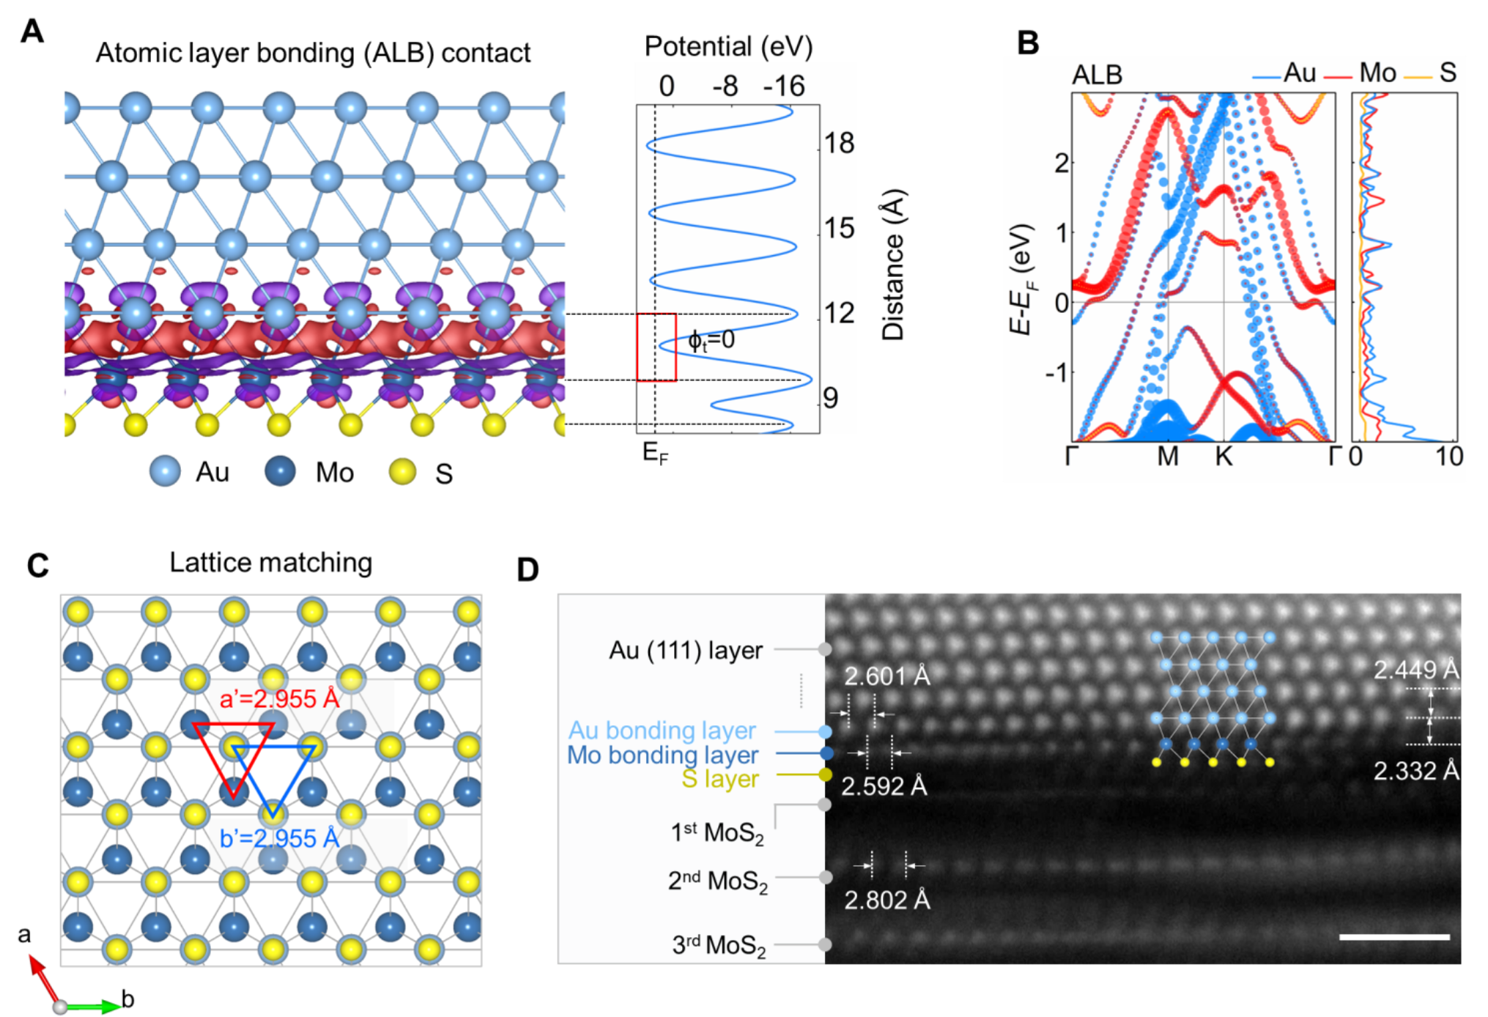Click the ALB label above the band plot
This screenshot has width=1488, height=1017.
(x=1097, y=75)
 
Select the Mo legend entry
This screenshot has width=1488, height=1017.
(x=1377, y=73)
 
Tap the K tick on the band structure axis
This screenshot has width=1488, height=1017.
(x=1224, y=456)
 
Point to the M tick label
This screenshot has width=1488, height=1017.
(x=1168, y=456)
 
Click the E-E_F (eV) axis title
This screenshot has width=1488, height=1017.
(x=1022, y=279)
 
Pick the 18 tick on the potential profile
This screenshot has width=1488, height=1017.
(x=839, y=143)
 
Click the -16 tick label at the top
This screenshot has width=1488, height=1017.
(x=784, y=86)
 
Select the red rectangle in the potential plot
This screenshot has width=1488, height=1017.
(x=656, y=347)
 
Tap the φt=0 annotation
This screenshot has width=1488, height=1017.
(x=711, y=340)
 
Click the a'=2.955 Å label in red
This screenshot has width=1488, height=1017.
(x=280, y=698)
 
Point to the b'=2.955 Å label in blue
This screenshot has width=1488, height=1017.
(x=279, y=838)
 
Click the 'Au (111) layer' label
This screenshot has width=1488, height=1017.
(x=686, y=650)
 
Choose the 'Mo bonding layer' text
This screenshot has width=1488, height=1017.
(x=663, y=755)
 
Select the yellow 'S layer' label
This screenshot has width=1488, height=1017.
(x=720, y=779)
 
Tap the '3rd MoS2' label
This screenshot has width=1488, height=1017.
(x=719, y=945)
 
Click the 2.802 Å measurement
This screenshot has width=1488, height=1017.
(x=886, y=899)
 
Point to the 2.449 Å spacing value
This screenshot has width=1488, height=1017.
(x=1415, y=670)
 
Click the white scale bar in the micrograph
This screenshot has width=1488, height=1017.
(x=1394, y=936)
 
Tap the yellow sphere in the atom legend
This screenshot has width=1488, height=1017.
(x=402, y=471)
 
